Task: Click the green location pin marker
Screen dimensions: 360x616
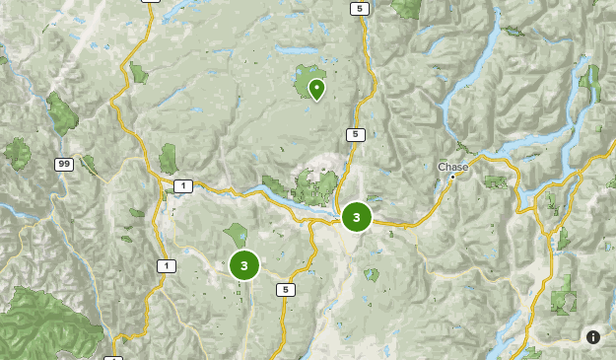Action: coord(316,89)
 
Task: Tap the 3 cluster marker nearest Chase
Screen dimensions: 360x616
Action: coord(357,216)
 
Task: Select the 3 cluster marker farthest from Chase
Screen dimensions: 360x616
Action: coord(243,265)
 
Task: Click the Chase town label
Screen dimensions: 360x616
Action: coord(453,167)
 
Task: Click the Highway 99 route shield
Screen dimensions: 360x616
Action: coord(64,165)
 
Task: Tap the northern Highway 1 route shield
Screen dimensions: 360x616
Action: coord(182,185)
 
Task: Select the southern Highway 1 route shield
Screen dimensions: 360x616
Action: coord(166,265)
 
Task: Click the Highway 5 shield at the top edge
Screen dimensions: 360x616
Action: coord(359,8)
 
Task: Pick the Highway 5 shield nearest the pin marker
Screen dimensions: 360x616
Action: coord(355,134)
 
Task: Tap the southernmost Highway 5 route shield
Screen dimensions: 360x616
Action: coord(285,289)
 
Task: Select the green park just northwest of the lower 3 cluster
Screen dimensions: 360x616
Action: coord(236,235)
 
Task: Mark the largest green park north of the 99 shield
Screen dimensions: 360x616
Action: coord(61,114)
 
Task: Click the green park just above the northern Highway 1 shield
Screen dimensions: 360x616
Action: coord(168,158)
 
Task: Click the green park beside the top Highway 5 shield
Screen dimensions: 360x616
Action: coord(406,8)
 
